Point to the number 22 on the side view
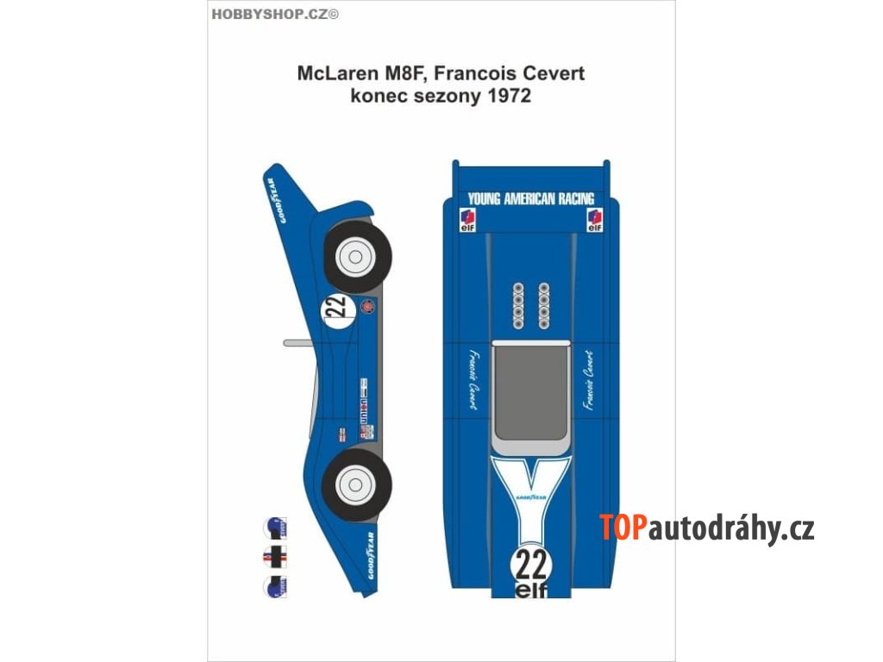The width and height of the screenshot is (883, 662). tap(336, 309)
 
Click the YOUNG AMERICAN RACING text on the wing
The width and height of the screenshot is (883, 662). tap(530, 198)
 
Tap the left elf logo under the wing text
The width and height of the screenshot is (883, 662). tap(465, 220)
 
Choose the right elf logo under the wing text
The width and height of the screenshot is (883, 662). tap(594, 220)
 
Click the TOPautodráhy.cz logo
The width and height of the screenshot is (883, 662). tap(707, 528)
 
